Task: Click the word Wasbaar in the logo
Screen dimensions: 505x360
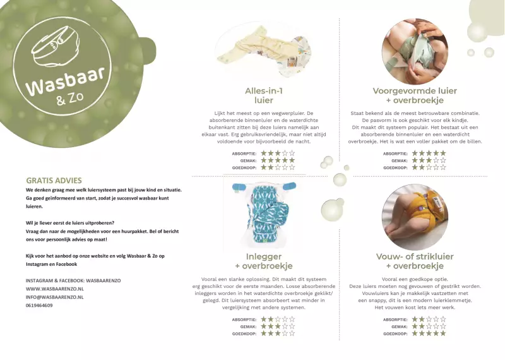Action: (x=66, y=81)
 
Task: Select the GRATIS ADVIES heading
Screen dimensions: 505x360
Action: (x=54, y=181)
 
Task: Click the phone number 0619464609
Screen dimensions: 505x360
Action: (x=39, y=305)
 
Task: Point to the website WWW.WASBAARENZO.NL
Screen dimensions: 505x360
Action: (x=55, y=289)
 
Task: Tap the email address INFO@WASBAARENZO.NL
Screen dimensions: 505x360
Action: (x=54, y=297)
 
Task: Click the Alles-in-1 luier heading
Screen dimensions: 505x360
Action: (x=264, y=95)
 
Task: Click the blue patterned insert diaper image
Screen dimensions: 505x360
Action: (x=264, y=214)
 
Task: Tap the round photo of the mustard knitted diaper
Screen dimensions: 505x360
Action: (x=415, y=217)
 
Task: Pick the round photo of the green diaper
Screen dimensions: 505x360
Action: (x=415, y=52)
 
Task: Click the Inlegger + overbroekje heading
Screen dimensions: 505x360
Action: (x=264, y=261)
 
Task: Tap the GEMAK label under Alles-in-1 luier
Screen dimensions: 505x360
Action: (x=248, y=160)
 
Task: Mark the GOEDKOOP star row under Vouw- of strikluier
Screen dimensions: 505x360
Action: (x=429, y=333)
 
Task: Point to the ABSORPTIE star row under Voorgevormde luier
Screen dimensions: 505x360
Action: (x=429, y=153)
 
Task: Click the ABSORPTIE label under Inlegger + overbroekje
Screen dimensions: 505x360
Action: (x=244, y=320)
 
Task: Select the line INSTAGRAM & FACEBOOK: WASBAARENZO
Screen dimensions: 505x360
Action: (x=73, y=280)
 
